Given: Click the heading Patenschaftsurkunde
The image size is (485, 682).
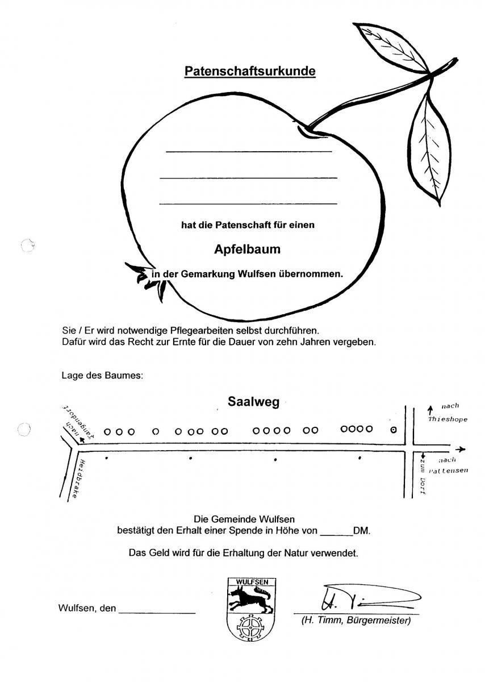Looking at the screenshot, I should tap(250, 72).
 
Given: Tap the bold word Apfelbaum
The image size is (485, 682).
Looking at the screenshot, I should tap(247, 249).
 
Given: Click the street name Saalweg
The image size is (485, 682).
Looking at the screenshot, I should tap(253, 402).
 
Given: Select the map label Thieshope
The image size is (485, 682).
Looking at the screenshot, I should tap(448, 419).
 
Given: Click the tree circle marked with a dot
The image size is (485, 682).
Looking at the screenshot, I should tap(394, 430).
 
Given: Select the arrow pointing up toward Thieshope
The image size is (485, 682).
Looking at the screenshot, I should tap(430, 409).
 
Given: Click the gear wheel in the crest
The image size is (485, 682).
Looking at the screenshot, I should tap(250, 626).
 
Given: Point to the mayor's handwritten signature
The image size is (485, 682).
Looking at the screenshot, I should tap(363, 597).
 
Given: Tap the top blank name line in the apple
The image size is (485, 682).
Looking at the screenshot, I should tap(249, 152).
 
